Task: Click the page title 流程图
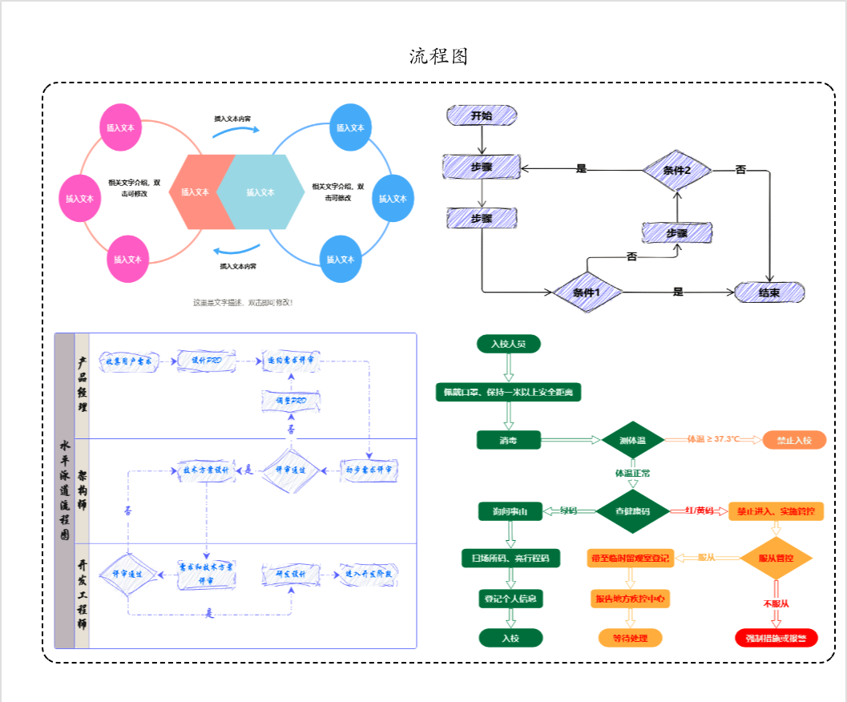point(438,56)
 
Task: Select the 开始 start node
point(482,115)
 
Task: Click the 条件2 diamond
point(677,169)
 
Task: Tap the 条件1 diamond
point(587,292)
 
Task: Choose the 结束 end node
point(769,292)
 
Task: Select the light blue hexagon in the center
point(261,192)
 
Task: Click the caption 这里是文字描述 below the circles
point(243,303)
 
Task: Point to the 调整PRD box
point(292,400)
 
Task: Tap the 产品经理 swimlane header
point(82,385)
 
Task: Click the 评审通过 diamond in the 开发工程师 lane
point(127,574)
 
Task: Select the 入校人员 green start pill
point(508,344)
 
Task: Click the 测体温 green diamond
point(632,440)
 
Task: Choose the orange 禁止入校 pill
point(794,440)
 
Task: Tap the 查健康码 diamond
point(632,511)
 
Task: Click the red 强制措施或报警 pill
point(776,638)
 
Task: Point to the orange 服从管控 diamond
point(776,557)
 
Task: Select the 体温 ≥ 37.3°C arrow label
point(713,440)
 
